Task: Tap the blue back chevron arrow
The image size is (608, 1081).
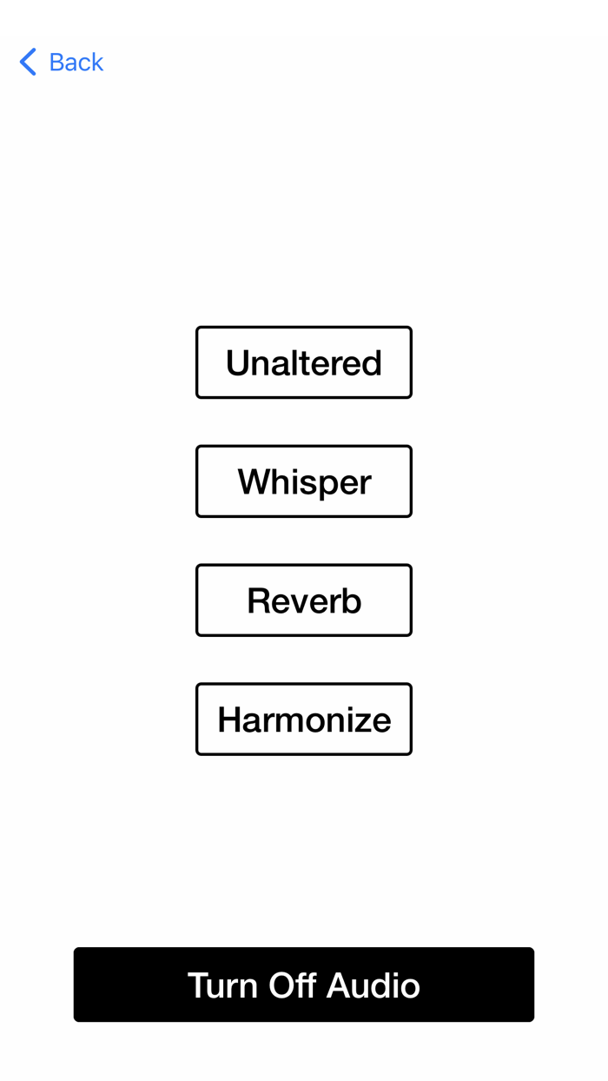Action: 28,62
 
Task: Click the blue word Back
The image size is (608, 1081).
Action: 76,62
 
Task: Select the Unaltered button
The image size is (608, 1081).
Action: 304,362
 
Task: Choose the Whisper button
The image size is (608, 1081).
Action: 304,481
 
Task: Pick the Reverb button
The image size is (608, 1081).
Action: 304,600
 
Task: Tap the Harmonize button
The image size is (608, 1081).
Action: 304,720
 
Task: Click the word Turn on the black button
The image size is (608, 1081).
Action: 222,985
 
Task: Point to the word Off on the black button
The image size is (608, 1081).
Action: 292,985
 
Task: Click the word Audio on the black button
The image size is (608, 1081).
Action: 373,985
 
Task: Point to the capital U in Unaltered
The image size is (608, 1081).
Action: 237,363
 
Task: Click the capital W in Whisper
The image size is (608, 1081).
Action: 254,481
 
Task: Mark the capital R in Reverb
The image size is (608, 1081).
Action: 258,600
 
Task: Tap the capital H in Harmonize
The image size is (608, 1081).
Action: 228,720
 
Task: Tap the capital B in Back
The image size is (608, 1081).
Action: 57,62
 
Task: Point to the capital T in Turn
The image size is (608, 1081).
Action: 197,985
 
